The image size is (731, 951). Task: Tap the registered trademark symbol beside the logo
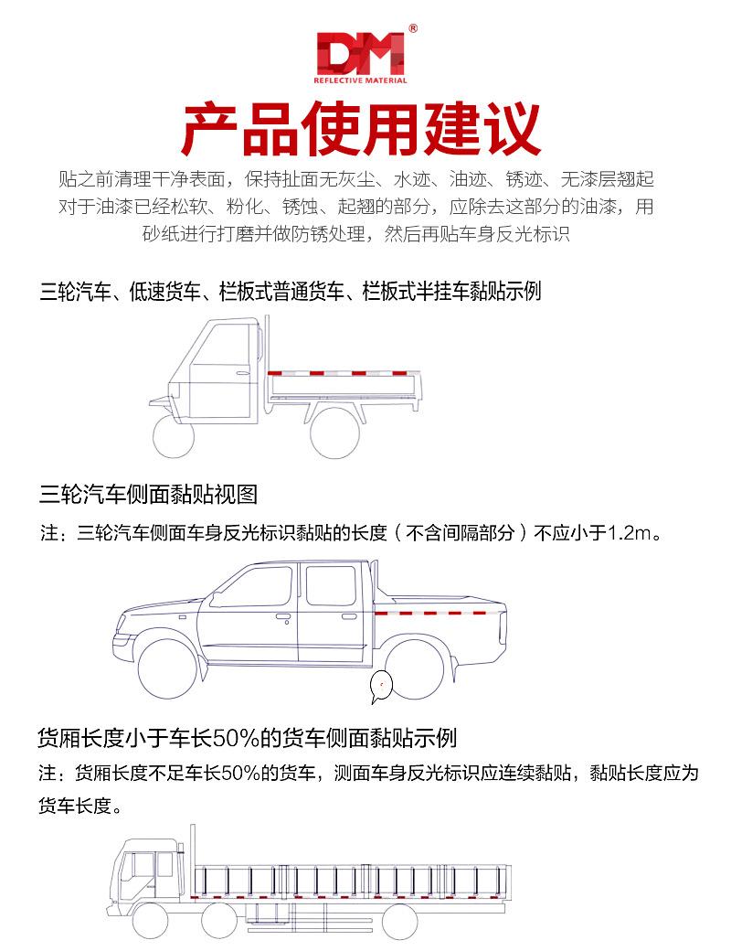[x=413, y=29]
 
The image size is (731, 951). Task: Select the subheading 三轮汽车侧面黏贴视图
[x=149, y=495]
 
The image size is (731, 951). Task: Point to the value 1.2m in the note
[x=631, y=532]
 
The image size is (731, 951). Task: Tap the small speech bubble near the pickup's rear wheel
[x=380, y=687]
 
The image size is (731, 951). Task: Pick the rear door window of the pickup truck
[x=330, y=586]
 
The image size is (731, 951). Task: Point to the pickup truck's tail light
[x=502, y=625]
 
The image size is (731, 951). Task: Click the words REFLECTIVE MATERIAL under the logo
[x=360, y=80]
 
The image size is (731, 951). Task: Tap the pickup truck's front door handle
[x=283, y=617]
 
